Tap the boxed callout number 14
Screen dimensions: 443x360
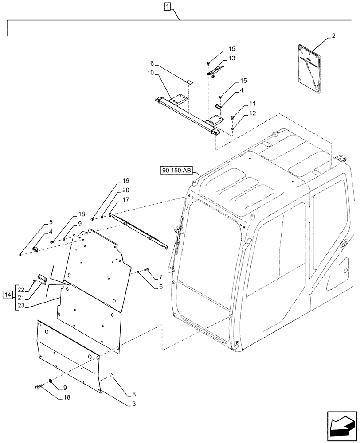8,295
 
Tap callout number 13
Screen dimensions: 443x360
232,58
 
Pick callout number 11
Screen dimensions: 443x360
252,103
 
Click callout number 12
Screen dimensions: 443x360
252,113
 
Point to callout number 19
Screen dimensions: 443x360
126,181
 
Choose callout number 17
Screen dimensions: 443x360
126,199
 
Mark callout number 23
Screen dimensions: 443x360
21,305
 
